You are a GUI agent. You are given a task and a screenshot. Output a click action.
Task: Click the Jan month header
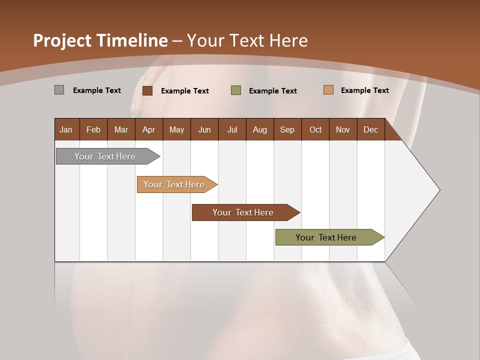point(66,129)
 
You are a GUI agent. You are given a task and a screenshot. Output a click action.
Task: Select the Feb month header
point(93,129)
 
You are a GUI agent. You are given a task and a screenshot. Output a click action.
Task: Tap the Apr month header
point(149,129)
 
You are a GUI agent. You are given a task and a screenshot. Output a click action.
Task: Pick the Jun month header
point(204,129)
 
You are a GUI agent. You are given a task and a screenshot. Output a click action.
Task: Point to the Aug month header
point(260,129)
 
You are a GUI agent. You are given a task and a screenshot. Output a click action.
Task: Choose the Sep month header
point(287,129)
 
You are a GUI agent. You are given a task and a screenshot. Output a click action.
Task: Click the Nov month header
point(343,129)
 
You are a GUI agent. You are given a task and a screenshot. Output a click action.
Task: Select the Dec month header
point(370,129)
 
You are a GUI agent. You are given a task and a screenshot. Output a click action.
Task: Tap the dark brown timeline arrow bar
point(243,212)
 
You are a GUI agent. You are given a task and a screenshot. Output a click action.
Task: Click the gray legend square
point(59,90)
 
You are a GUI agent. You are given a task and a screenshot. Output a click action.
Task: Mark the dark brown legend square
point(147,90)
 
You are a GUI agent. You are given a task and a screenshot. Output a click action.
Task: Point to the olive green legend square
point(236,90)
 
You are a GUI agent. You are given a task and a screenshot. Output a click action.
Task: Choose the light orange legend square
point(328,90)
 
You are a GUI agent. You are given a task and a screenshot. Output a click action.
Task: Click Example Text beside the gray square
point(97,90)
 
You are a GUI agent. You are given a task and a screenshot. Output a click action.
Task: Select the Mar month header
point(121,129)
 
